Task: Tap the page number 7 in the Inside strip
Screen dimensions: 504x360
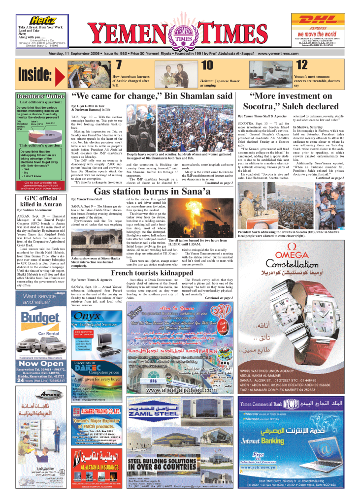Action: pyautogui.click(x=118, y=65)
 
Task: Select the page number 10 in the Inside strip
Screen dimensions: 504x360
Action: pyautogui.click(x=207, y=65)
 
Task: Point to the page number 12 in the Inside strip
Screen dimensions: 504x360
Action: pyautogui.click(x=301, y=65)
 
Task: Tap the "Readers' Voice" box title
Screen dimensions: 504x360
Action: pyautogui.click(x=41, y=95)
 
